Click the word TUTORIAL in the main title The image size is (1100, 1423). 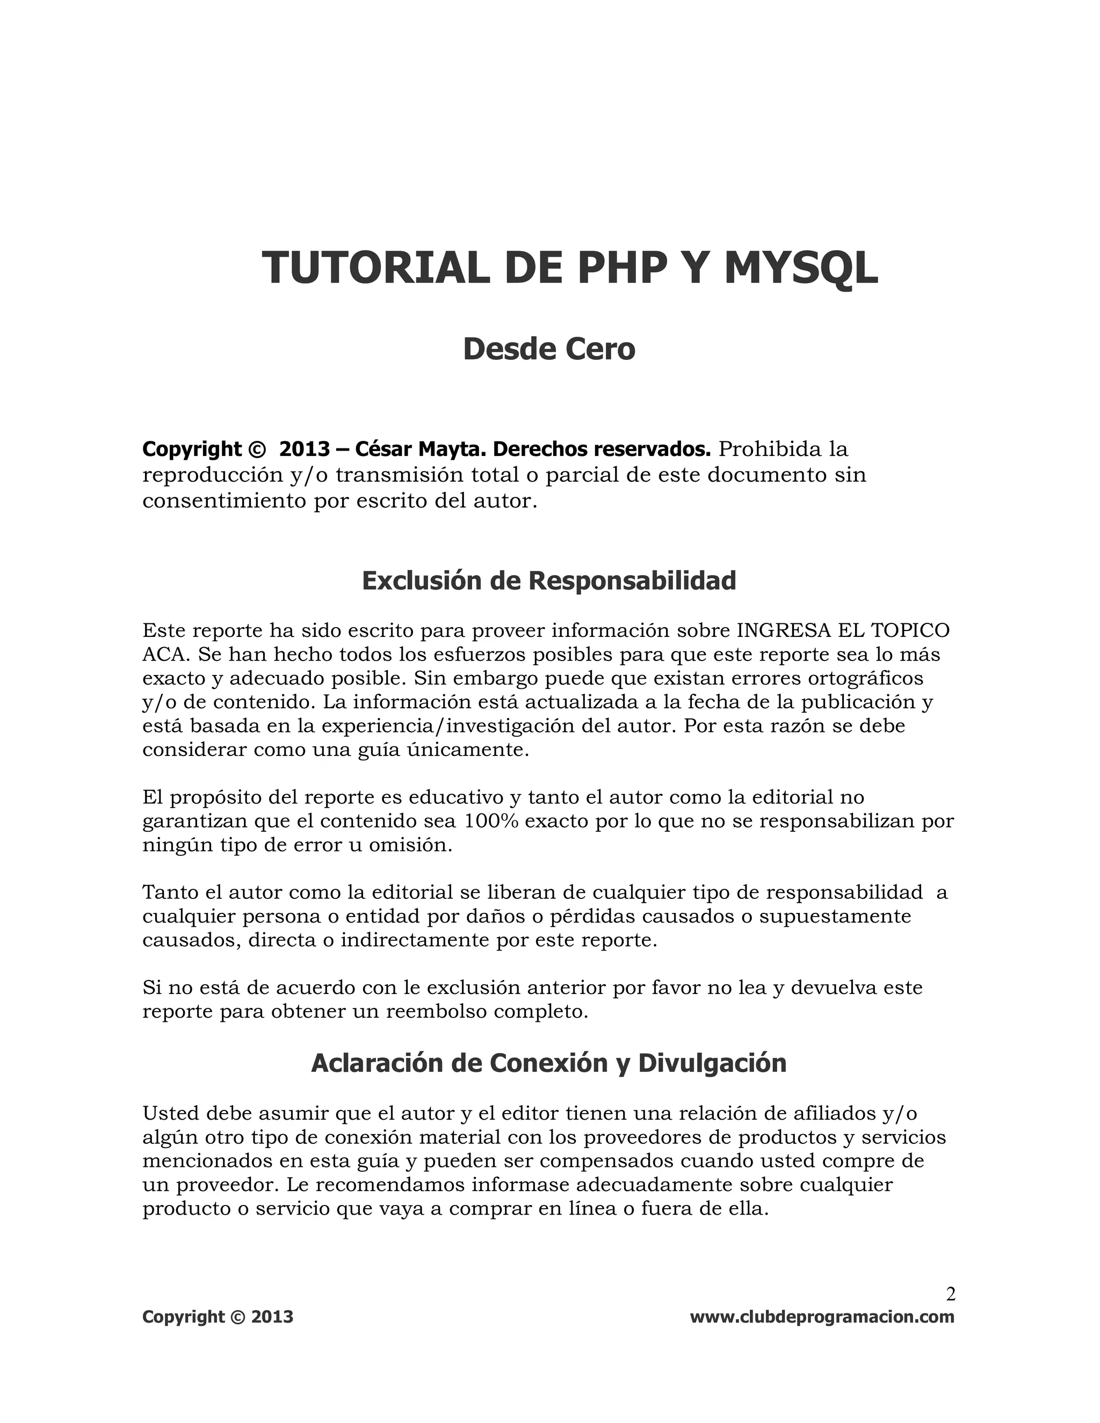click(375, 268)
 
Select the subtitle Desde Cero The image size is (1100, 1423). click(549, 349)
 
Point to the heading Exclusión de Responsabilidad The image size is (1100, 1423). click(549, 580)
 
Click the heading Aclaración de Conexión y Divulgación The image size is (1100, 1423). click(549, 1063)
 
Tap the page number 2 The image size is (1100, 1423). click(950, 1294)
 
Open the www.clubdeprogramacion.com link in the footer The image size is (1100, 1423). click(822, 1317)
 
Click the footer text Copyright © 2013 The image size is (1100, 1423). click(218, 1317)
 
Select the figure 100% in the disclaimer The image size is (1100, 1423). click(491, 821)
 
